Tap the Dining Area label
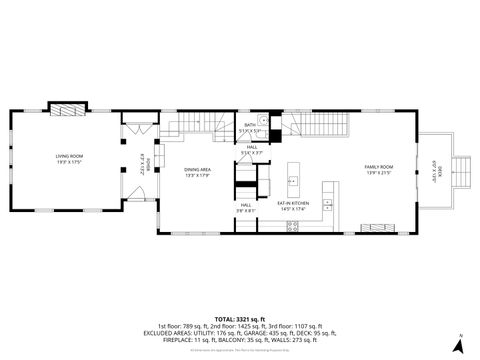(x=197, y=170)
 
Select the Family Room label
(x=378, y=166)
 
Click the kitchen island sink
(x=293, y=181)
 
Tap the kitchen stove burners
(x=292, y=226)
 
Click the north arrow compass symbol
(x=457, y=344)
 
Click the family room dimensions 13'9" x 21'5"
(x=378, y=172)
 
